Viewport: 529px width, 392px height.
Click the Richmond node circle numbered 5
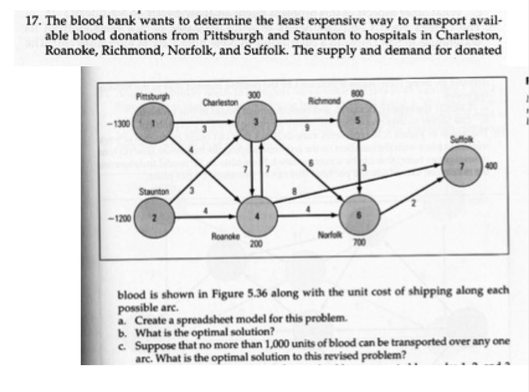359,123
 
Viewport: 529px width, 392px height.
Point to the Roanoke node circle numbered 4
258,216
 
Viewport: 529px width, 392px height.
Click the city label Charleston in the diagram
220,102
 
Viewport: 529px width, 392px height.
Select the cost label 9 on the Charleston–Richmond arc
307,129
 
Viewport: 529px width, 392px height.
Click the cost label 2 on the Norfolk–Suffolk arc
412,202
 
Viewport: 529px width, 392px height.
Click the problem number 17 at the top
33,23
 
